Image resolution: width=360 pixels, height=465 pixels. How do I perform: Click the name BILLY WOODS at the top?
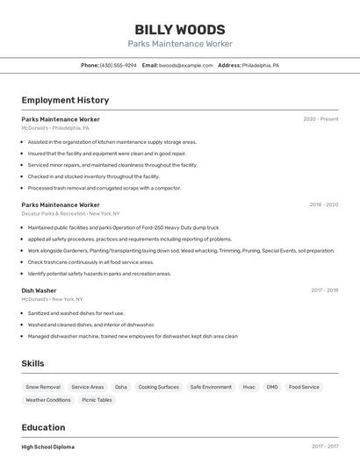click(x=179, y=30)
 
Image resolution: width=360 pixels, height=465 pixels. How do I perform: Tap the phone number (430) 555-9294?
click(x=119, y=65)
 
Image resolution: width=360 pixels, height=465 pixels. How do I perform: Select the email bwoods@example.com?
click(x=184, y=65)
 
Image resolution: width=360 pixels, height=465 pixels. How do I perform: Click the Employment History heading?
click(x=65, y=100)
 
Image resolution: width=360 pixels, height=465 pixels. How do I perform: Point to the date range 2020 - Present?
click(x=320, y=119)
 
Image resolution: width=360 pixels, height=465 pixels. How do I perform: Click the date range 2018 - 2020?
click(x=323, y=205)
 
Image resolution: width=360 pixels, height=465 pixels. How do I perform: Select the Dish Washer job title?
click(x=39, y=290)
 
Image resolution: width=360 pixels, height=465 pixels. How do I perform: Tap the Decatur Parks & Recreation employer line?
click(x=70, y=213)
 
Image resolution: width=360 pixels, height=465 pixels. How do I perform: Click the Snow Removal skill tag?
click(x=43, y=387)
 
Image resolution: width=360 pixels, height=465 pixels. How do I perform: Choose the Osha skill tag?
click(x=121, y=387)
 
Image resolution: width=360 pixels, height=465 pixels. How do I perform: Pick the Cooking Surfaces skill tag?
click(x=159, y=387)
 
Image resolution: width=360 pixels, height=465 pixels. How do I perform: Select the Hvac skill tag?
click(x=249, y=387)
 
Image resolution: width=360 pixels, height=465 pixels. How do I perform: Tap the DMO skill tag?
click(x=272, y=387)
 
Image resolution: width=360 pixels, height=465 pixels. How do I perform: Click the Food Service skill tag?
click(x=304, y=387)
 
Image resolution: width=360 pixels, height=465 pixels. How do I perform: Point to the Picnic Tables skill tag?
click(x=97, y=400)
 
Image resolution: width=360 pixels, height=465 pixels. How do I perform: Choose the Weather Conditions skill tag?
click(x=48, y=400)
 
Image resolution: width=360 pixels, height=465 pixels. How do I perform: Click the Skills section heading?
click(x=32, y=363)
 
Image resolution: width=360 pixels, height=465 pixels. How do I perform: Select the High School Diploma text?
click(x=48, y=447)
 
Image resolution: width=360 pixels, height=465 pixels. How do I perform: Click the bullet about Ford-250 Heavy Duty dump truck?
click(x=123, y=227)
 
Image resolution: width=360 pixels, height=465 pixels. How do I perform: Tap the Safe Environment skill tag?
click(x=211, y=387)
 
